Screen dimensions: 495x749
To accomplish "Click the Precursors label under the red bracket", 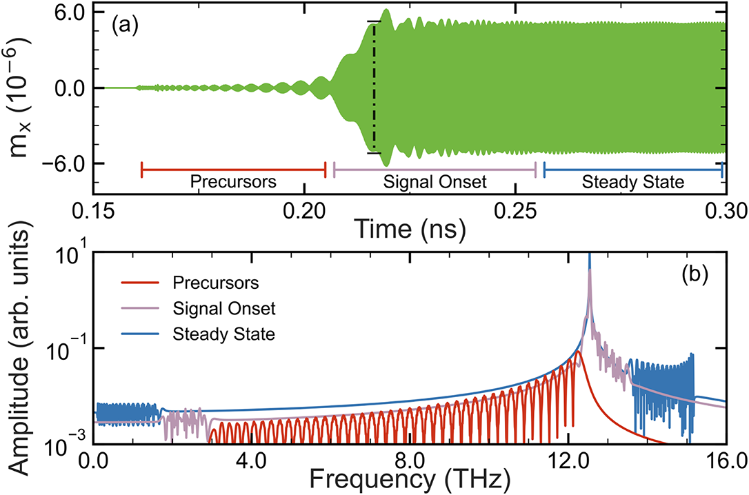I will pyautogui.click(x=233, y=183).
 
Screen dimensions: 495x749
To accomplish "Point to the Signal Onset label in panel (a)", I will pyautogui.click(x=435, y=183).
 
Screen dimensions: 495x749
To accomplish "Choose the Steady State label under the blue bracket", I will pyautogui.click(x=632, y=183).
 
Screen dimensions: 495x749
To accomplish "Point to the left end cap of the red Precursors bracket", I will pyautogui.click(x=141, y=170).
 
